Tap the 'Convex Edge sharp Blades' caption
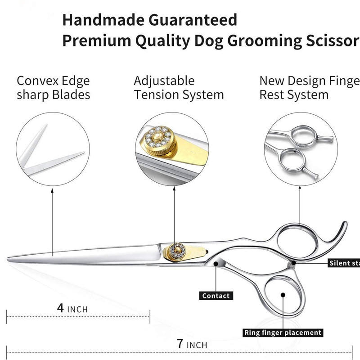[53, 88]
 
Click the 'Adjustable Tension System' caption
[178, 88]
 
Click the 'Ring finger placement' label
[283, 333]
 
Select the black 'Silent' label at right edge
[344, 263]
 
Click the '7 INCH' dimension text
[192, 345]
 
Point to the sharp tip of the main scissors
[9, 258]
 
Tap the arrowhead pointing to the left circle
[53, 192]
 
